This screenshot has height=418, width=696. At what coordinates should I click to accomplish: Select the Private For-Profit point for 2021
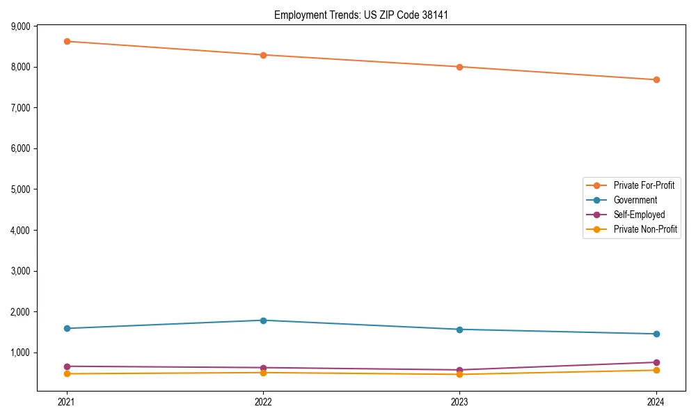[x=67, y=41]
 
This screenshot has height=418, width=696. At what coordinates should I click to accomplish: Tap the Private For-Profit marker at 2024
[x=656, y=79]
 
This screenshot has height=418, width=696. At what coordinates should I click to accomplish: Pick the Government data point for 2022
[x=263, y=320]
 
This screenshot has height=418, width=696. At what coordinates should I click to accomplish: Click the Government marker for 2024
[x=656, y=334]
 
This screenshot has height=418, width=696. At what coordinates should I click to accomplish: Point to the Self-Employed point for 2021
[x=67, y=366]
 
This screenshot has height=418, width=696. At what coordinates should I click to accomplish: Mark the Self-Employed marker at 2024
[x=656, y=362]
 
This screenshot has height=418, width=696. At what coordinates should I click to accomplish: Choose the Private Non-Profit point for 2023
[x=459, y=374]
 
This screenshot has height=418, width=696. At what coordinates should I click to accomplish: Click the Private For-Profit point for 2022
[x=263, y=55]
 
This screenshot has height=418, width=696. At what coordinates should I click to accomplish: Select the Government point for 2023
[x=459, y=330]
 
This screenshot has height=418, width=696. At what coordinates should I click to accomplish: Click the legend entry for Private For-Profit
[x=644, y=185]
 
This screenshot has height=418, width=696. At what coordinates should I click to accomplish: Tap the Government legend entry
[x=635, y=200]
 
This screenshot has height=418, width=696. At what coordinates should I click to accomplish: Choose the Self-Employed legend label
[x=639, y=215]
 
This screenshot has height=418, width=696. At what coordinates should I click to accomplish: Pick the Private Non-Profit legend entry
[x=645, y=229]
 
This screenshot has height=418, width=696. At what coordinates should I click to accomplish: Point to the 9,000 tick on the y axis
[x=21, y=26]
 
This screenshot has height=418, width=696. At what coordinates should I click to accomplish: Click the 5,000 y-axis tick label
[x=21, y=189]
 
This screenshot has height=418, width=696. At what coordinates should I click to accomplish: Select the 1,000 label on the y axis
[x=21, y=353]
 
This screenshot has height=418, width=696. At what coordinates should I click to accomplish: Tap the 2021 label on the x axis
[x=67, y=401]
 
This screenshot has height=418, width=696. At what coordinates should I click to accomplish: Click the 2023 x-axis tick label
[x=459, y=401]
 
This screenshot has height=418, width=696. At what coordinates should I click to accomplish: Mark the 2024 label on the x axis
[x=656, y=401]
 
